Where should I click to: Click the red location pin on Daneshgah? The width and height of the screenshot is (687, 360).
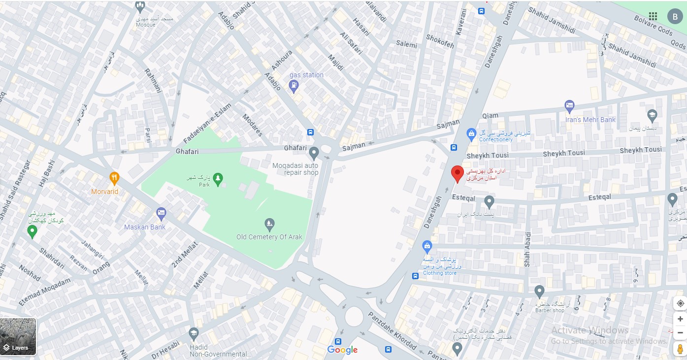[458, 173]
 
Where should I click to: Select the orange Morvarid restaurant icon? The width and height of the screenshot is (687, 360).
[114, 178]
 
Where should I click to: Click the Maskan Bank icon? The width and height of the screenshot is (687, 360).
[161, 214]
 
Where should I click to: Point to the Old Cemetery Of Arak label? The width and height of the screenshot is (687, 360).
[269, 237]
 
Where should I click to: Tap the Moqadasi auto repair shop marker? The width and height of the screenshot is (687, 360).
[314, 152]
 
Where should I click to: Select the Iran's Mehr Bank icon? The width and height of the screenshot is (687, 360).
[569, 106]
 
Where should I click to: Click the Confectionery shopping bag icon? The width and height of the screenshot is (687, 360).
[471, 133]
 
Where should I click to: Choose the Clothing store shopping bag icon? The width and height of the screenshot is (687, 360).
[427, 246]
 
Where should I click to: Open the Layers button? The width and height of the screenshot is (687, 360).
[18, 336]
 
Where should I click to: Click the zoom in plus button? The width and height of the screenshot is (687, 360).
[680, 319]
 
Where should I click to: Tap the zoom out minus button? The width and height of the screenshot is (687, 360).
[680, 333]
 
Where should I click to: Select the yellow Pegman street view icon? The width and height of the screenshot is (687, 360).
[680, 349]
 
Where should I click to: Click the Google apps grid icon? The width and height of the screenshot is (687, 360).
[653, 16]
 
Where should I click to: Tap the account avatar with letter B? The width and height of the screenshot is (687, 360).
[675, 16]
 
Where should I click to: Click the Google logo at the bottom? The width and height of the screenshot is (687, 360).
[342, 350]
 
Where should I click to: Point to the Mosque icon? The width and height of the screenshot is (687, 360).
[140, 7]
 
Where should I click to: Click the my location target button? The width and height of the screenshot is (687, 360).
[680, 303]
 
